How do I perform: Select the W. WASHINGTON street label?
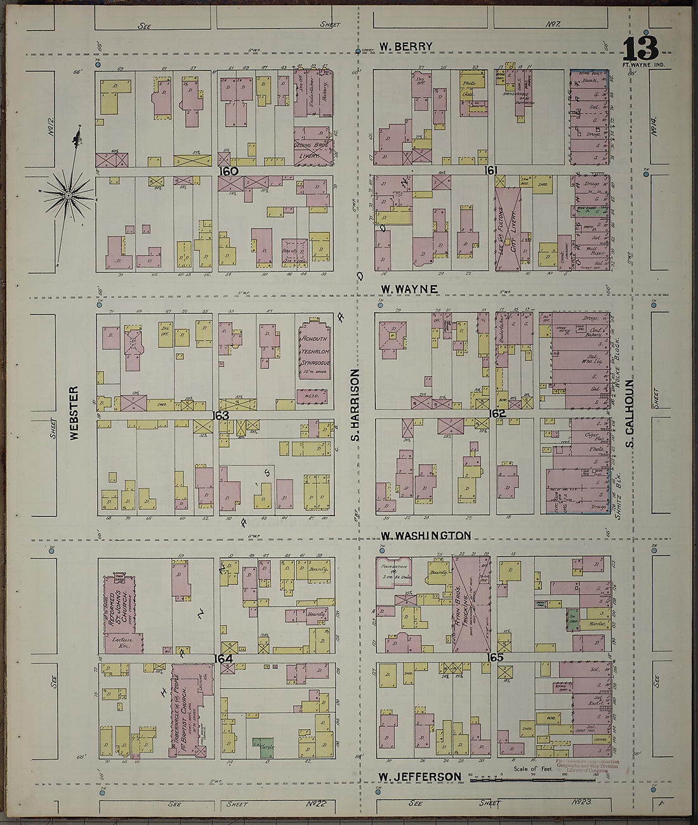425,536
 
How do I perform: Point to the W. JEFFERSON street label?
419,777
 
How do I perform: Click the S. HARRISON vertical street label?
356,405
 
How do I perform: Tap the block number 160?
228,171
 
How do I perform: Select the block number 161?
490,170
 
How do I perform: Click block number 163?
220,415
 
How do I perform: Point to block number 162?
497,413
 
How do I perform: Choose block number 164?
223,658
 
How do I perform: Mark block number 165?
496,658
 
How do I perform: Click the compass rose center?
67,195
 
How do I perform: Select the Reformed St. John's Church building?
121,612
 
